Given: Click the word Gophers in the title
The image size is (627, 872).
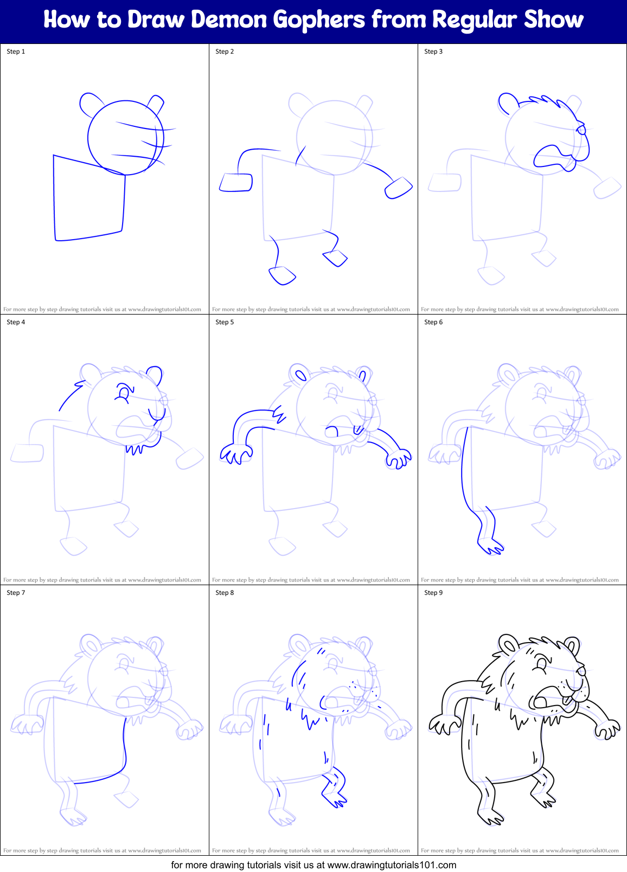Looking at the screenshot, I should (x=319, y=21).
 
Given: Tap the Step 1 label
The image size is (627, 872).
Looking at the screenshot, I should (x=16, y=52).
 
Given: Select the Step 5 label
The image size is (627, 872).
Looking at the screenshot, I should (x=225, y=322).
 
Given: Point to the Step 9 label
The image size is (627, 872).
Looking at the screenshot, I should (x=433, y=593).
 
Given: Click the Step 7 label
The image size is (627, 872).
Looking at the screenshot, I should (x=16, y=593).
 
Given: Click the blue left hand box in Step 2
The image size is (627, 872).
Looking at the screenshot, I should (x=236, y=182).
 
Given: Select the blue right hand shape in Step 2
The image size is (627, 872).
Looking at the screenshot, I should (x=399, y=188).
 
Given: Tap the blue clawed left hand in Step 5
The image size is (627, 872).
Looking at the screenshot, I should (x=236, y=453).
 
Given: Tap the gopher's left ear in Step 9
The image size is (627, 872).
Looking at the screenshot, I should (x=509, y=644).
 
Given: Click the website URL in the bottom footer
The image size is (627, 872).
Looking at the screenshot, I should (x=392, y=865).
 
